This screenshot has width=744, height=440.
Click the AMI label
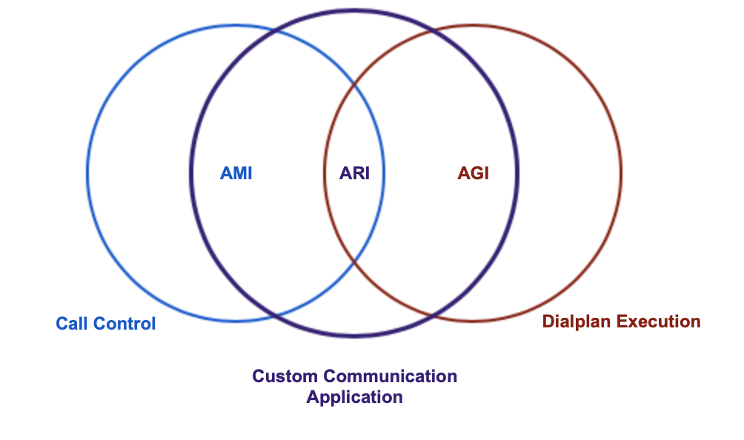[236, 173]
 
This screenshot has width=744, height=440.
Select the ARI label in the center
[354, 173]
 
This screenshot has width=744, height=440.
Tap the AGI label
[473, 173]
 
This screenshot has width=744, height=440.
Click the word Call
[72, 324]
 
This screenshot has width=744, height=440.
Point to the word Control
[124, 324]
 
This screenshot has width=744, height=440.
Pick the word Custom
[285, 376]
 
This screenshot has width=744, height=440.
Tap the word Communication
[390, 376]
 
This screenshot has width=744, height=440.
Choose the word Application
[354, 397]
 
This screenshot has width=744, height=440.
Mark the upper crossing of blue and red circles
[354, 85]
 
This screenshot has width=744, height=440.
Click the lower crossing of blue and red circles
[354, 261]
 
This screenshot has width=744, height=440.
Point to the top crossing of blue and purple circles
[274, 31]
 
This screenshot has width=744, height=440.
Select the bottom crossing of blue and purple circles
[274, 315]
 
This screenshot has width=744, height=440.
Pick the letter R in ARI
[358, 173]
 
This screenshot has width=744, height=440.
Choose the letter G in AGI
[477, 173]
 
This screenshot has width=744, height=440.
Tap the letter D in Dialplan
[548, 321]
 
